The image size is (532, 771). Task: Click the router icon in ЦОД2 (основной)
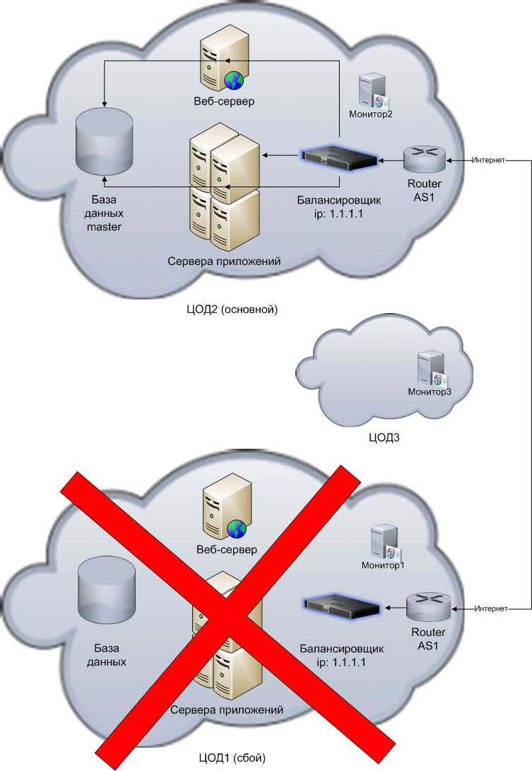pos(425,160)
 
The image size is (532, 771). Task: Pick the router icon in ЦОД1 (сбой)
pos(428,606)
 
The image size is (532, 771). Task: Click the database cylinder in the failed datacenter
pos(107,587)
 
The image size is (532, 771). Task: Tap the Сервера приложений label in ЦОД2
pos(225,261)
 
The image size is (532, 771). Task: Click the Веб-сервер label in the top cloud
pos(224,102)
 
